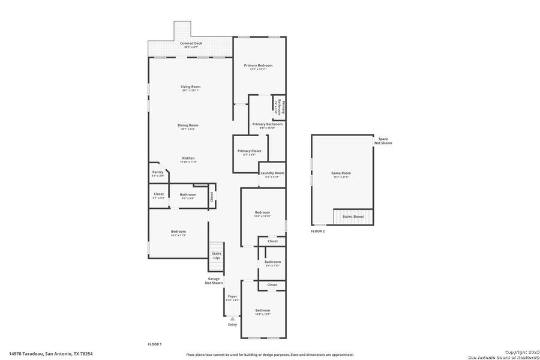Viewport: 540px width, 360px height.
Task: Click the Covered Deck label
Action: tap(191, 44)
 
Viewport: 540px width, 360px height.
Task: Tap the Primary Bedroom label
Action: tap(258, 65)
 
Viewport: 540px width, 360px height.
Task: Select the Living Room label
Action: tap(190, 87)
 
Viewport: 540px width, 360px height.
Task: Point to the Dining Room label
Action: tap(188, 125)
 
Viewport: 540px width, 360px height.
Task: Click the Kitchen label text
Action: tap(188, 158)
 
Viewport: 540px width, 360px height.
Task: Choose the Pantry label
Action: tap(158, 172)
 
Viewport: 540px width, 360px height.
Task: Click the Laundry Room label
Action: tap(272, 173)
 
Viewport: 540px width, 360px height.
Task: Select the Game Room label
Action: tap(340, 173)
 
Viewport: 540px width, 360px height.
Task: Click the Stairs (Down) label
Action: tap(353, 216)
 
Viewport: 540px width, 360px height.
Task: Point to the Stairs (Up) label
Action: tap(216, 255)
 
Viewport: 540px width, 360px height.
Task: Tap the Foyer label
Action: tap(232, 297)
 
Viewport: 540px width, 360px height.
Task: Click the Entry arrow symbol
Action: tap(232, 319)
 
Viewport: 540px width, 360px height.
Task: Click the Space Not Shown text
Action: tap(383, 141)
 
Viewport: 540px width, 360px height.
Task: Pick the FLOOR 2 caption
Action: tap(317, 231)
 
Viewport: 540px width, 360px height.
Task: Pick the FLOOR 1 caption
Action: tap(155, 344)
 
